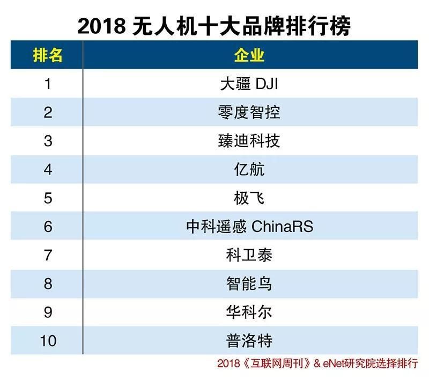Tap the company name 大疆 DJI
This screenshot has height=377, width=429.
(x=249, y=84)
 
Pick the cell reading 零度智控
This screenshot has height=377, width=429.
(x=249, y=113)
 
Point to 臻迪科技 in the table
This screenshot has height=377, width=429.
(x=249, y=141)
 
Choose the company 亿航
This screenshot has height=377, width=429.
(x=249, y=170)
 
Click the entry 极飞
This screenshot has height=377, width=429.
(x=249, y=198)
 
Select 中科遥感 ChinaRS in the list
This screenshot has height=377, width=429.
(x=249, y=227)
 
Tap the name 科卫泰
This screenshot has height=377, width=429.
(x=249, y=255)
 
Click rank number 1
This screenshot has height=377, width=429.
(x=48, y=84)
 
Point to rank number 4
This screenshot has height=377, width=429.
(x=48, y=170)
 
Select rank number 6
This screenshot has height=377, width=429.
(x=48, y=227)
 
